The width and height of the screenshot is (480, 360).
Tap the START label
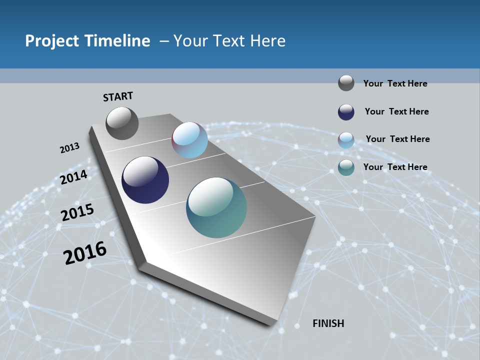click(118, 96)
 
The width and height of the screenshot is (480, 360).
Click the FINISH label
click(328, 323)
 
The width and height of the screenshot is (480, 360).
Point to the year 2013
click(69, 148)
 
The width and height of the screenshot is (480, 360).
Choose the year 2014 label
click(74, 177)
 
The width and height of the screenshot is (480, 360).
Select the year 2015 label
click(77, 212)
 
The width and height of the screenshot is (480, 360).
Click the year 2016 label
click(85, 252)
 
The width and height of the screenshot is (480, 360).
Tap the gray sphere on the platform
click(122, 123)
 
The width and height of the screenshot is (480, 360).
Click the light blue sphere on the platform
click(189, 140)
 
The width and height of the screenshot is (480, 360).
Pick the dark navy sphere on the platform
click(145, 180)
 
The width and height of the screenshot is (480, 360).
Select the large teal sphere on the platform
click(216, 207)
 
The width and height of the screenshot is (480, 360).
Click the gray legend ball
click(346, 83)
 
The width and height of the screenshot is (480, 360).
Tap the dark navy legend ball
click(346, 112)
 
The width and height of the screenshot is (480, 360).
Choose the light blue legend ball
click(346, 140)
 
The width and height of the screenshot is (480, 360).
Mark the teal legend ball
click(346, 167)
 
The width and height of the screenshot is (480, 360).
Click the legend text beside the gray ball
click(395, 83)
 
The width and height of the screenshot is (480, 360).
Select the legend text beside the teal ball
click(395, 167)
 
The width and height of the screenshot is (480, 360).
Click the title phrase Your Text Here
click(229, 41)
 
